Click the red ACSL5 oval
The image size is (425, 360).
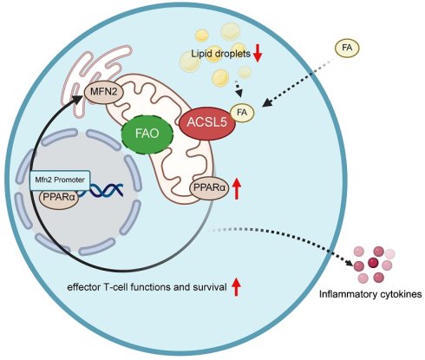coord(206,123)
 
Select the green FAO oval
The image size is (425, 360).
coord(147,134)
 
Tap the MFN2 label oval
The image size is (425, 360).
coord(104,92)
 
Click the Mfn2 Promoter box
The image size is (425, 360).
coord(60,180)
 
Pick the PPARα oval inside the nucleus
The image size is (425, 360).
coord(59,199)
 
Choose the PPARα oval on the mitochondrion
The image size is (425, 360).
coord(209,188)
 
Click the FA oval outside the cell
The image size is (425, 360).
coord(347,48)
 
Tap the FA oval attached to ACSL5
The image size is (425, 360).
coord(242,113)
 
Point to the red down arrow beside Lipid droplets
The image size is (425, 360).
coord(258,53)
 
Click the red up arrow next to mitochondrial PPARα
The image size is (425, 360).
coord(237,188)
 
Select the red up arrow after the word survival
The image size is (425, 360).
coord(236,286)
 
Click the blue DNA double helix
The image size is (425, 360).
coord(104,190)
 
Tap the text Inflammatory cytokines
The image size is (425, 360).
coord(370,295)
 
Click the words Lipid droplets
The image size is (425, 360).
coord(220,54)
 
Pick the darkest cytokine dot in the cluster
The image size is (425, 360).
coord(373,263)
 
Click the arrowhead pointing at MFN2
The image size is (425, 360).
coord(78,99)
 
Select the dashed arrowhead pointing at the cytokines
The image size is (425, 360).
coord(349,262)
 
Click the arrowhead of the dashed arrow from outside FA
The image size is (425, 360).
coord(268,102)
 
